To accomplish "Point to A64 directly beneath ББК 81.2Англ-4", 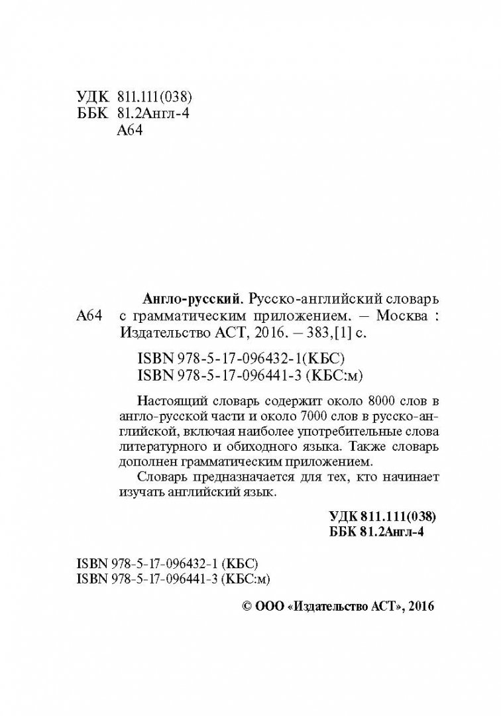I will pos(130,131).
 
